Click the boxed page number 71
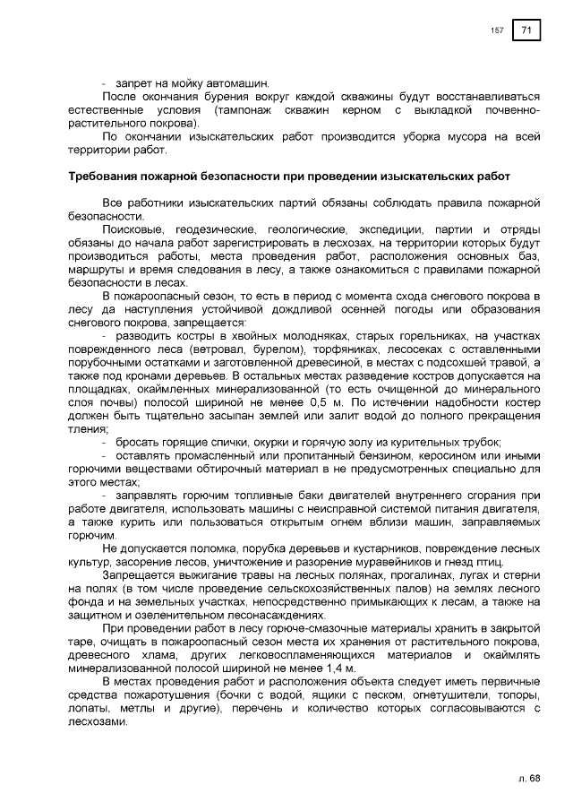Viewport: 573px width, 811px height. coord(526,30)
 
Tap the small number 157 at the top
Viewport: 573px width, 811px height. coord(497,31)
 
